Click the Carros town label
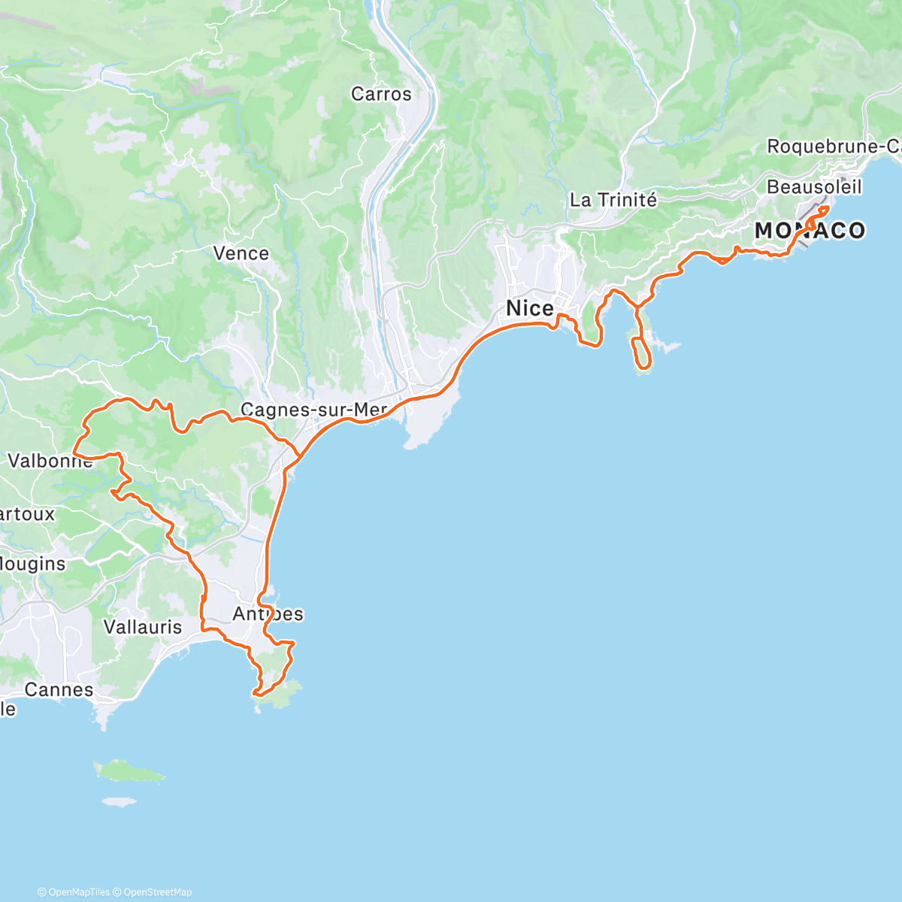pyautogui.click(x=381, y=94)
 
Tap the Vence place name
pyautogui.click(x=241, y=253)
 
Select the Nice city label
pyautogui.click(x=529, y=308)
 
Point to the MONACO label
pyautogui.click(x=810, y=231)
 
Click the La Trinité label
pyautogui.click(x=613, y=200)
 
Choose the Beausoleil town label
pyautogui.click(x=814, y=186)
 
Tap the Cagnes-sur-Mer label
pyautogui.click(x=313, y=410)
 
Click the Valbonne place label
pyautogui.click(x=50, y=460)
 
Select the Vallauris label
pyautogui.click(x=143, y=626)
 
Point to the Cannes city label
pyautogui.click(x=59, y=689)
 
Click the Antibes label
pyautogui.click(x=268, y=614)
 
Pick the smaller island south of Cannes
pyautogui.click(x=120, y=802)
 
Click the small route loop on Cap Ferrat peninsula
pyautogui.click(x=641, y=352)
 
